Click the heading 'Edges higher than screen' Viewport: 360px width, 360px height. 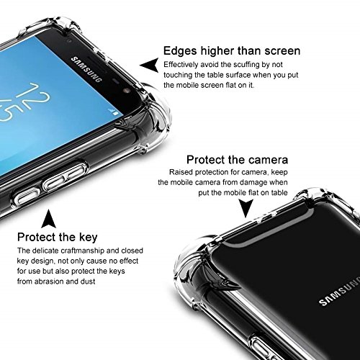click(232, 51)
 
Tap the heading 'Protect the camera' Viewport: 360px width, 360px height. click(237, 160)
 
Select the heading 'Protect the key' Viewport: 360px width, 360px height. click(58, 237)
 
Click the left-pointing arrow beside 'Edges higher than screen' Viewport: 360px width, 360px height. click(149, 65)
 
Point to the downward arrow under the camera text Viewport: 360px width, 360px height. click(246, 208)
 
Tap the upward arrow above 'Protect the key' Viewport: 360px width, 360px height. click(48, 219)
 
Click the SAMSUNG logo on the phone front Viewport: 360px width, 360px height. click(86, 70)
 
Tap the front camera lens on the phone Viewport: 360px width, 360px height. click(127, 91)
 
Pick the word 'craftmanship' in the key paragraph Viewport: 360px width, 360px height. click(82, 251)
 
